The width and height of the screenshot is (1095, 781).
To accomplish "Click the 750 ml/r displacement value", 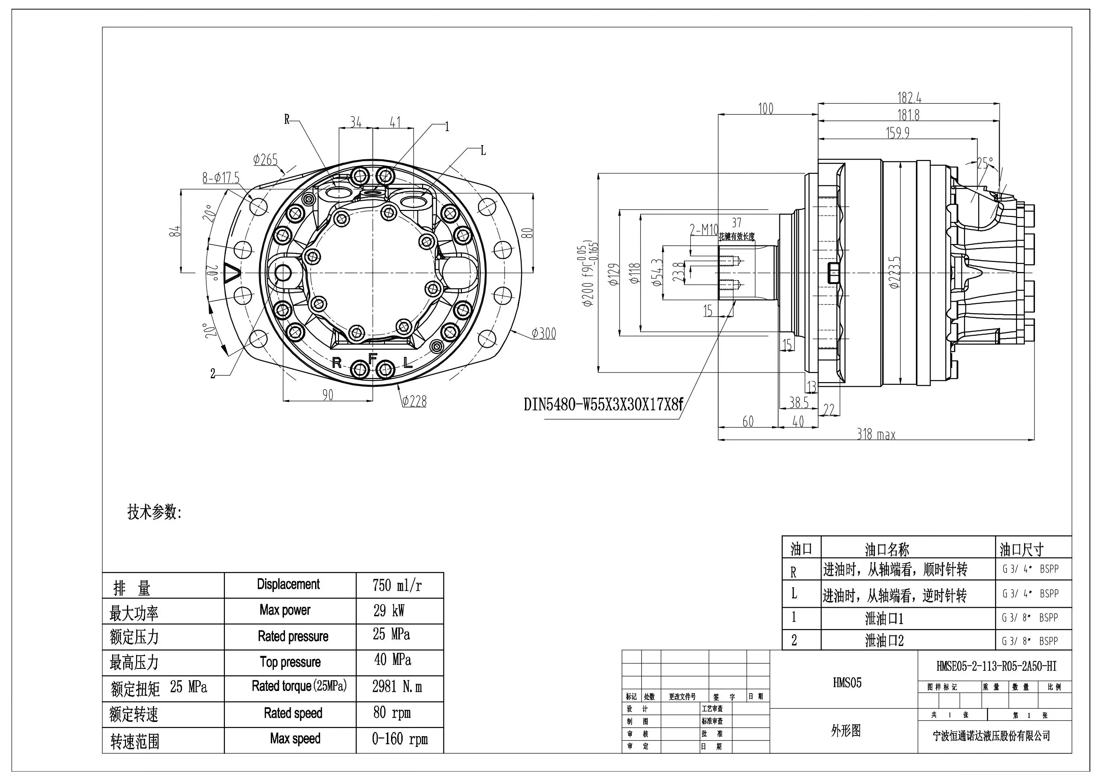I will [397, 585].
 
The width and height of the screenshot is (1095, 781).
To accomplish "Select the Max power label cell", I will [285, 610].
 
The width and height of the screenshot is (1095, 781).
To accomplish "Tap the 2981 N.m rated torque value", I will [397, 687].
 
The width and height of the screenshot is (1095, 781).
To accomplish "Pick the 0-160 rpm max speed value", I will [399, 739].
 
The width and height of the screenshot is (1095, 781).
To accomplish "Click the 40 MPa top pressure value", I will [393, 660].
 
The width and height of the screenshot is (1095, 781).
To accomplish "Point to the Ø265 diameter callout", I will [265, 159].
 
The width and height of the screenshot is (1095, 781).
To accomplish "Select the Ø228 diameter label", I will [414, 401].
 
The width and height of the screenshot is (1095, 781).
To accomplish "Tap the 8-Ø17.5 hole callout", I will [220, 178].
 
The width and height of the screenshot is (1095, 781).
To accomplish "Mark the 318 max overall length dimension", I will [876, 435].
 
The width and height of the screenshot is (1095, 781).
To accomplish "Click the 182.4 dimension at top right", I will [909, 98].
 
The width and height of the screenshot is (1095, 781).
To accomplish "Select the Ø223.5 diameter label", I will [895, 272].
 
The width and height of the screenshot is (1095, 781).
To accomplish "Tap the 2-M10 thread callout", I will [704, 230].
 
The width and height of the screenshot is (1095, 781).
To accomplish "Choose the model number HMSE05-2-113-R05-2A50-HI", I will [996, 666].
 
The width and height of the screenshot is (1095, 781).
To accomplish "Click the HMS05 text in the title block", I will [847, 682].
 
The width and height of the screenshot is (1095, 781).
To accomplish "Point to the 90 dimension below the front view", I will [328, 395].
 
